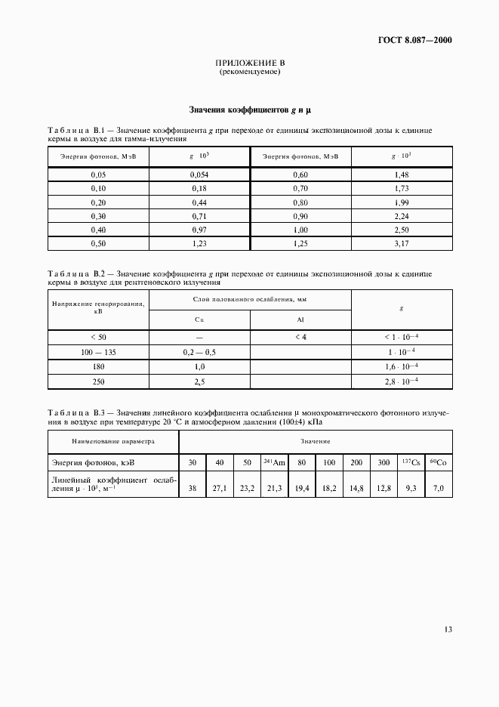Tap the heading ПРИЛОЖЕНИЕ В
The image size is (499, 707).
[249, 63]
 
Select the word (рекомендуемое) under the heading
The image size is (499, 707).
[249, 73]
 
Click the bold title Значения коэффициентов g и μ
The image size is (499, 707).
[249, 110]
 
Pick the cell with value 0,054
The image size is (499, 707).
[199, 174]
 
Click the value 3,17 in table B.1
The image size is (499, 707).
[402, 243]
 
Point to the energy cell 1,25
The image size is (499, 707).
[300, 243]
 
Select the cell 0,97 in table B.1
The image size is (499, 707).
[199, 230]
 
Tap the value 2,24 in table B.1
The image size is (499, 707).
[402, 216]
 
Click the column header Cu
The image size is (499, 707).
[199, 320]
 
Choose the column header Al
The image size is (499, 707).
[300, 320]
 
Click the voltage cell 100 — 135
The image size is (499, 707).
[98, 352]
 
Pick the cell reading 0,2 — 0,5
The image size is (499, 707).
[199, 352]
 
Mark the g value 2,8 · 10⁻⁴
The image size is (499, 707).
[402, 382]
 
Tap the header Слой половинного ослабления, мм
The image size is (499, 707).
[250, 300]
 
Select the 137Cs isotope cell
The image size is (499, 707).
[411, 462]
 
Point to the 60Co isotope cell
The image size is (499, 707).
[439, 462]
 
